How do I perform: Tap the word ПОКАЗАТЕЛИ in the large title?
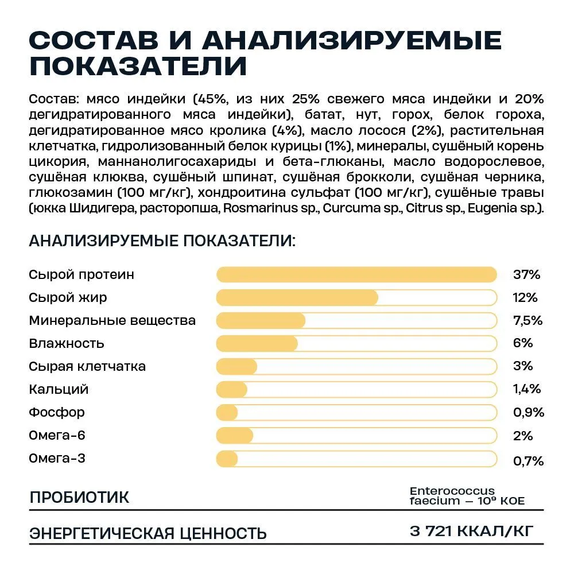coord(138,66)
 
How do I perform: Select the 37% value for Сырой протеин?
coord(527,274)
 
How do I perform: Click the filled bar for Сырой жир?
coord(297,297)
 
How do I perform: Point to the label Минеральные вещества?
coord(112,320)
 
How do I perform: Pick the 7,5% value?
coord(528,320)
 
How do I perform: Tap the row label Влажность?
coord(67,343)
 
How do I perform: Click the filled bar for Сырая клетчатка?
coord(236,366)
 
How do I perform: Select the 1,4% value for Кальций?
coord(527,389)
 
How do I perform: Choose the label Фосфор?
coord(57,412)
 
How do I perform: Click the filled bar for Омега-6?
coord(235,436)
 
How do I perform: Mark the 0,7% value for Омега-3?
coord(528,460)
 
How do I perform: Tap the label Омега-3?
coord(57,459)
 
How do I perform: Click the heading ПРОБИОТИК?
coord(79,497)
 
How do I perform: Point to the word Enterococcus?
coord(452,491)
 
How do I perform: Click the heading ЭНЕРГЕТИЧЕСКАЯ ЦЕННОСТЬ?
coord(148,533)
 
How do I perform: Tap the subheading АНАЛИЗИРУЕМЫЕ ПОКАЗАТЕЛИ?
coord(162,241)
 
